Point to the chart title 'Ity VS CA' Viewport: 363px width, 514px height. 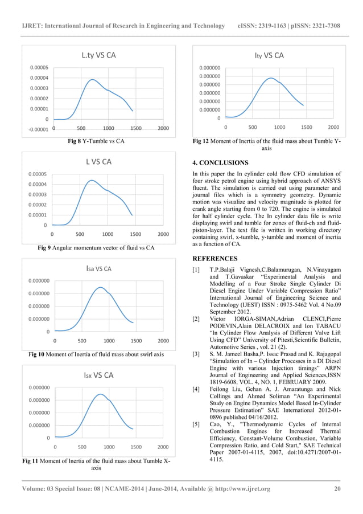[270, 56]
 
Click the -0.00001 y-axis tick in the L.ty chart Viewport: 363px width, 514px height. [36, 129]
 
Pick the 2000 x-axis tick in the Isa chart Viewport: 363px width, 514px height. [163, 340]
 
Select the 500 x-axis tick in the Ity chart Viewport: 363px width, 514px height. [253, 128]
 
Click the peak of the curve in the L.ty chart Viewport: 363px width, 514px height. [92, 79]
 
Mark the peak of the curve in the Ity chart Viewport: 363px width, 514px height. [271, 78]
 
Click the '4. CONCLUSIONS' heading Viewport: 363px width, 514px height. [220, 163]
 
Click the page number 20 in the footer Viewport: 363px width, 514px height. [336, 488]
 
